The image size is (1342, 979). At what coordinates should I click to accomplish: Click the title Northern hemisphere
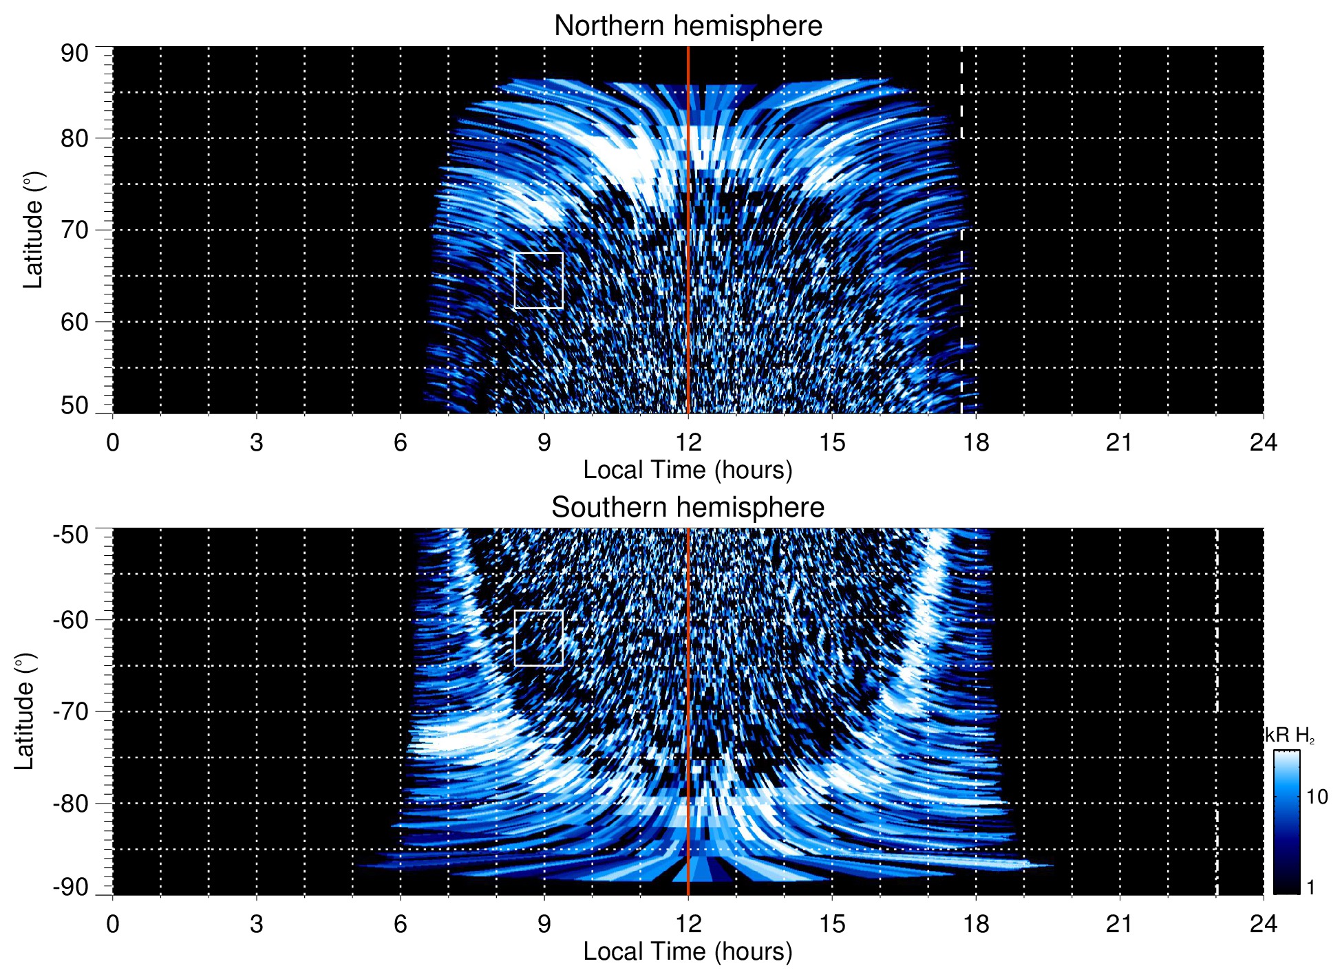point(688,26)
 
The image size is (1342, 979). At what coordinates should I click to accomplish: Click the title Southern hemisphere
point(688,508)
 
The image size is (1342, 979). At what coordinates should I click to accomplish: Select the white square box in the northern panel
point(539,281)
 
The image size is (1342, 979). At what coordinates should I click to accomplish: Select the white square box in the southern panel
point(539,638)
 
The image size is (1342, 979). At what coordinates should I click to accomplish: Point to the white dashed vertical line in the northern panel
point(961,206)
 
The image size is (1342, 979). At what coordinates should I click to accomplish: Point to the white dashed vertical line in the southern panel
point(1217,688)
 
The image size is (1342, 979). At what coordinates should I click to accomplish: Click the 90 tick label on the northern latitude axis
point(74,54)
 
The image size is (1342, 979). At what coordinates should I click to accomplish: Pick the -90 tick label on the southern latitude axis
point(71,887)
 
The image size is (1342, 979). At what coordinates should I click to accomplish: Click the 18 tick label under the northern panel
point(976,442)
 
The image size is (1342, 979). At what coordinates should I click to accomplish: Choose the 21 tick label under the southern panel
point(1120,924)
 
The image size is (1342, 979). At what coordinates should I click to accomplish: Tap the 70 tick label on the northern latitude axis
point(74,230)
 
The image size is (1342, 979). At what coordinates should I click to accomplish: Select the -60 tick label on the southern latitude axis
point(71,620)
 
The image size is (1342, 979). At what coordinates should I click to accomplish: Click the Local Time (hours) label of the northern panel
point(688,470)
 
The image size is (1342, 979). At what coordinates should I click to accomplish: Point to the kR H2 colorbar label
point(1290,735)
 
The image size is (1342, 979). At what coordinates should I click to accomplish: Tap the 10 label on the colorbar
point(1317,797)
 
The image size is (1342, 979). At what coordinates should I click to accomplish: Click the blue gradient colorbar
point(1286,822)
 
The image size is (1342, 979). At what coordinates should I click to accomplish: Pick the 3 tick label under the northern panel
point(257,442)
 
